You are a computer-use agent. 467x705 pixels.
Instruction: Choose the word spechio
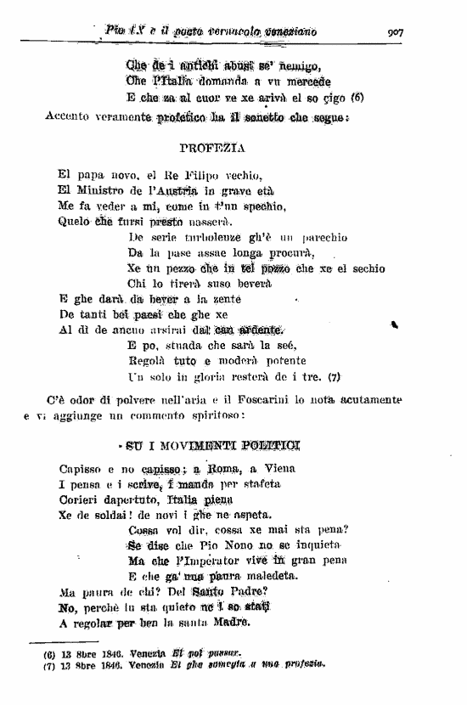(263, 206)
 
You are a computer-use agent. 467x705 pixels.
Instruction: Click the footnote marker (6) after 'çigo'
(357, 97)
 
